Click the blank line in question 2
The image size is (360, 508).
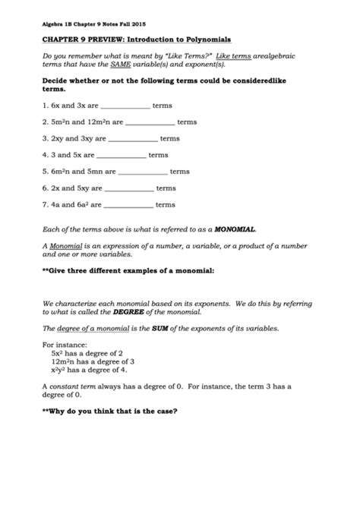pyautogui.click(x=148, y=122)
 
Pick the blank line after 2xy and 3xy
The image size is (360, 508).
pyautogui.click(x=131, y=139)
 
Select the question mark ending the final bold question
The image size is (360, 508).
pyautogui.click(x=176, y=412)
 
